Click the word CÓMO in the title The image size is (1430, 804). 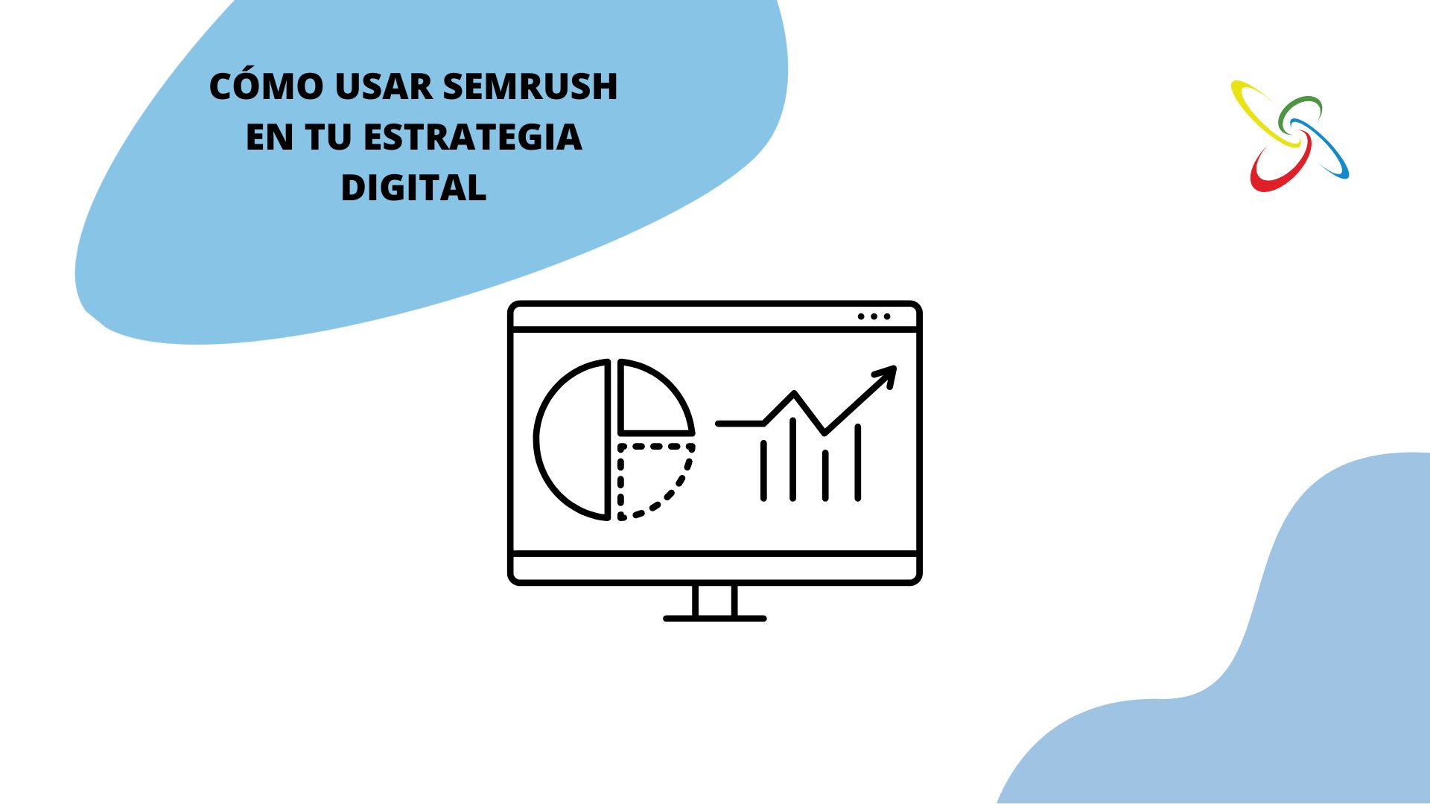[x=267, y=86]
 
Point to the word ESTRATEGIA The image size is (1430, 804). [x=473, y=137]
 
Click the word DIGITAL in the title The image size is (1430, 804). [x=413, y=188]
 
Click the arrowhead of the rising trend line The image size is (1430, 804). [x=887, y=373]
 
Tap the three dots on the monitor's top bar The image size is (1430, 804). [x=874, y=316]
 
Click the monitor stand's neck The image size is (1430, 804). [x=714, y=601]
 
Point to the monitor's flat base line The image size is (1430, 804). [x=714, y=619]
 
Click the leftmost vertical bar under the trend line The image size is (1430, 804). [x=763, y=470]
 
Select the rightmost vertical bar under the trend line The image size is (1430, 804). [x=858, y=462]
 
